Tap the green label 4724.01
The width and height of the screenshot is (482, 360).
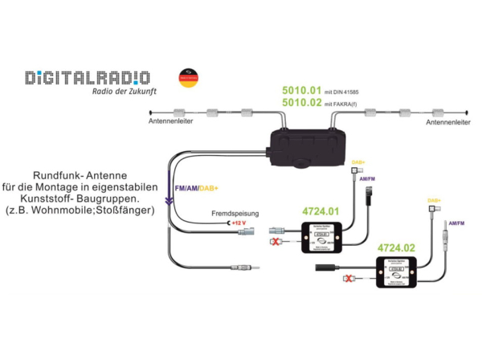click(x=320, y=212)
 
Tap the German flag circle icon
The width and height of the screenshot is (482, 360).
click(x=187, y=80)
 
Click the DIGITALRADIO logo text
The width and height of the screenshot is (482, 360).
click(x=86, y=77)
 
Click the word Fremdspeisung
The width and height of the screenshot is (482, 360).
click(x=235, y=214)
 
